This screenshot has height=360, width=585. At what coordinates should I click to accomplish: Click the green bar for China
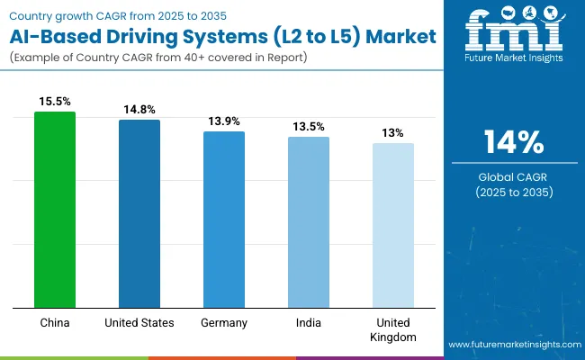[55, 209]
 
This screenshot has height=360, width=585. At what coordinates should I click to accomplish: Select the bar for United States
[139, 213]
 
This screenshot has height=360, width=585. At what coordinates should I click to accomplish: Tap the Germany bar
[224, 219]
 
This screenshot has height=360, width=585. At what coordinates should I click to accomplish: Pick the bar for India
[309, 221]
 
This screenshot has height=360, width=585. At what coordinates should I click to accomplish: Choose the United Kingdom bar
[393, 224]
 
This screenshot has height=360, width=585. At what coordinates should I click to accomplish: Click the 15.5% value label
[55, 103]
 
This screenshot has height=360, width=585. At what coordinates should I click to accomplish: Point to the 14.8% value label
[139, 110]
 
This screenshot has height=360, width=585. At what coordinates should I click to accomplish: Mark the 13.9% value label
[224, 121]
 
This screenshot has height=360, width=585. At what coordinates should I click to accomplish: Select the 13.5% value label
[309, 127]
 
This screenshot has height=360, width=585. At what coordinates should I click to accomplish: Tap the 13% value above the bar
[393, 133]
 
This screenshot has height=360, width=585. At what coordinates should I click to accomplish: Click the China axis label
[55, 321]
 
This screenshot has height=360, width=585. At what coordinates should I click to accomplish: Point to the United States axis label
[139, 321]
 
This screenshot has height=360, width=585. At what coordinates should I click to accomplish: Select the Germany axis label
[224, 321]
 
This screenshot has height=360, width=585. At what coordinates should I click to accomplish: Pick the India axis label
[309, 321]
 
